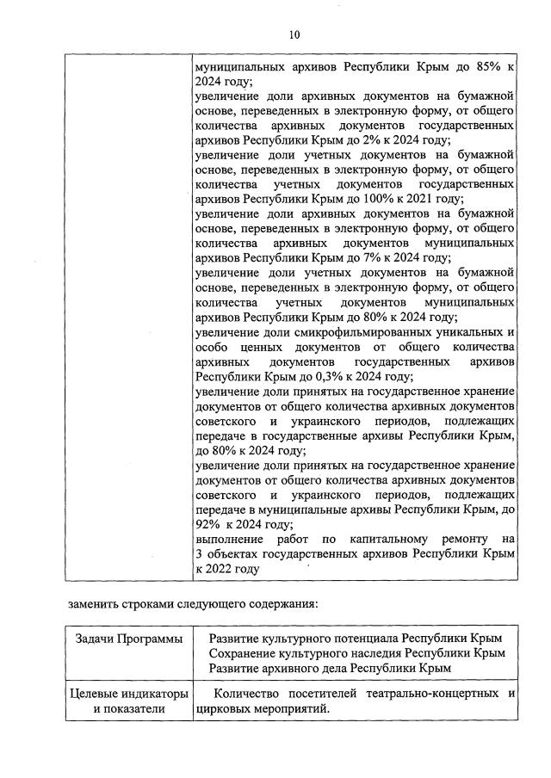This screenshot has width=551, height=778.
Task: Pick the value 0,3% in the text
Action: point(326,376)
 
